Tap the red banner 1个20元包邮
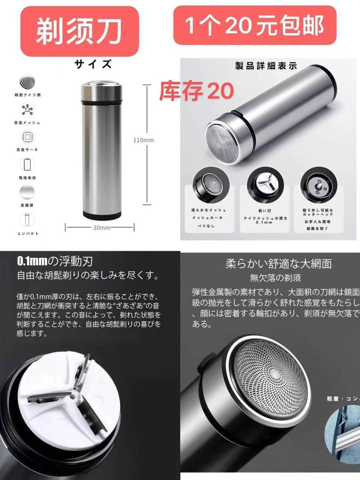click(254, 25)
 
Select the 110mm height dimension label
click(144, 140)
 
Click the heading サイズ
click(93, 64)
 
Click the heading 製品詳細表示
click(266, 66)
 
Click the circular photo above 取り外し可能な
click(318, 184)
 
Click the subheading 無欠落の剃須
click(275, 278)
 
